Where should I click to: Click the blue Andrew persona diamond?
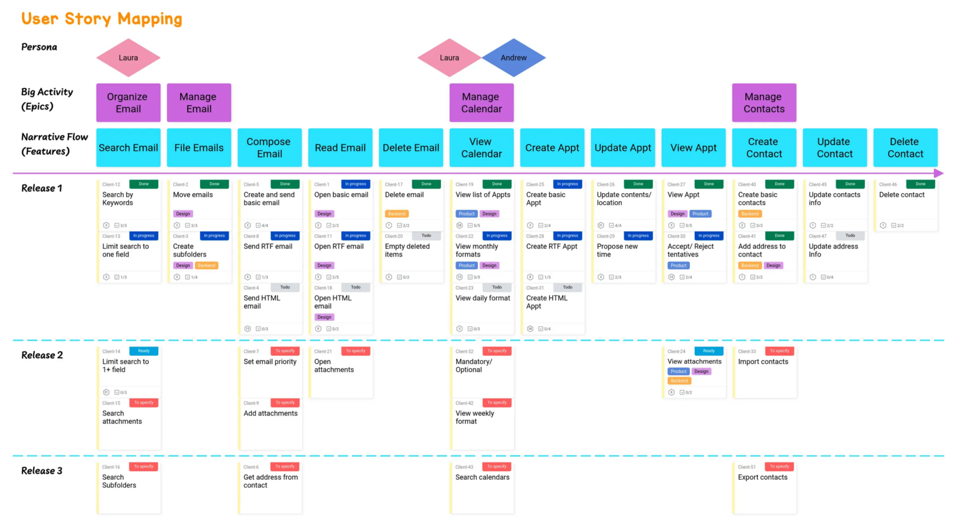pyautogui.click(x=513, y=58)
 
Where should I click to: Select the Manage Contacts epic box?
pyautogui.click(x=764, y=103)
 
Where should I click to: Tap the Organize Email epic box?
pyautogui.click(x=128, y=103)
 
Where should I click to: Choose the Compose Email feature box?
pyautogui.click(x=269, y=148)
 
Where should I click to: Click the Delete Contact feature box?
pyautogui.click(x=905, y=148)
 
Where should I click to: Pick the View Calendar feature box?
pyautogui.click(x=481, y=148)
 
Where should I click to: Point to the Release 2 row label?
pyautogui.click(x=42, y=355)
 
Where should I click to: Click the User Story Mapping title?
pyautogui.click(x=102, y=19)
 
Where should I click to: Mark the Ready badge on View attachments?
pyautogui.click(x=709, y=351)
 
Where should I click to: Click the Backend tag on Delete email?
pyautogui.click(x=396, y=214)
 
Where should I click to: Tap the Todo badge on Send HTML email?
pyautogui.click(x=285, y=287)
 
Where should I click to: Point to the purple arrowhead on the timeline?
pyautogui.click(x=939, y=173)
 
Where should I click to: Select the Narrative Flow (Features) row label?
pyautogui.click(x=54, y=144)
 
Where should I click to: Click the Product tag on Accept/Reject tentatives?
pyautogui.click(x=678, y=265)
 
